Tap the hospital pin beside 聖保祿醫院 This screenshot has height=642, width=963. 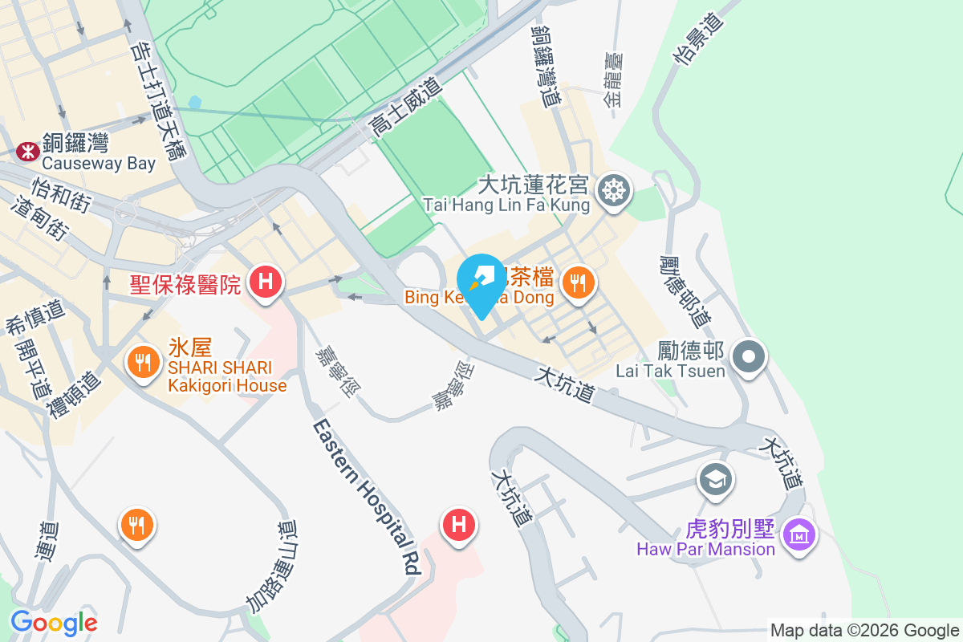(x=264, y=282)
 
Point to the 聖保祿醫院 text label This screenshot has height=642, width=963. (x=185, y=283)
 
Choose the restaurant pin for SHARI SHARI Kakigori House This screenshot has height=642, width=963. (x=143, y=363)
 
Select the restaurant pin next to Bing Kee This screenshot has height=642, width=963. (x=576, y=281)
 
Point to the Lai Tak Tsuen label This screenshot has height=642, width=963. (x=670, y=361)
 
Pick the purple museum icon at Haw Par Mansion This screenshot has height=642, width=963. (x=799, y=533)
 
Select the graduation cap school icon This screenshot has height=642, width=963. (x=713, y=480)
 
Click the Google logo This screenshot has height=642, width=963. (x=54, y=622)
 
